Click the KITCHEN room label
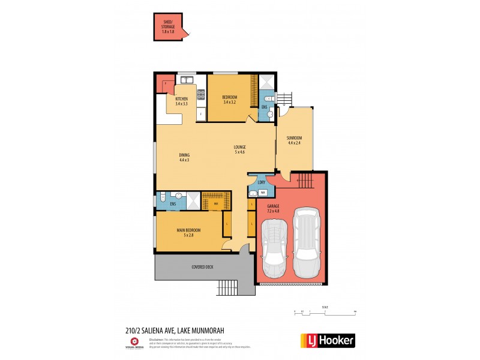point(181,101)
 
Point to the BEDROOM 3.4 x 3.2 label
point(230,100)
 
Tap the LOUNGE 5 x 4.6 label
point(240,149)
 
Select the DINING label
point(184,157)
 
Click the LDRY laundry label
point(262,182)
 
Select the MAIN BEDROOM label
point(188,232)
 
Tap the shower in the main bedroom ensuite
point(193,200)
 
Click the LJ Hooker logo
point(328,340)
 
